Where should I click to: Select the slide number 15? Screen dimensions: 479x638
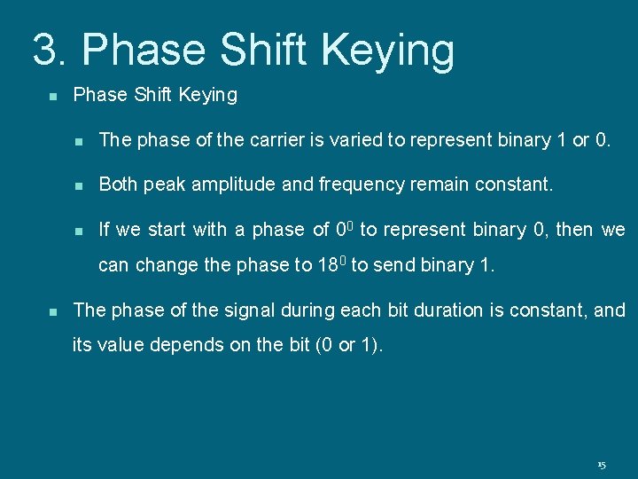[x=602, y=465]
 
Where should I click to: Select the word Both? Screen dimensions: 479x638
[x=117, y=185]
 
